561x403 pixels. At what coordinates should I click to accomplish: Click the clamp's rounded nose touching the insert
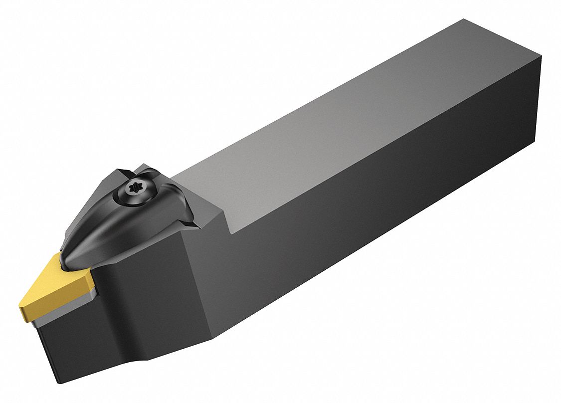(x=70, y=255)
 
